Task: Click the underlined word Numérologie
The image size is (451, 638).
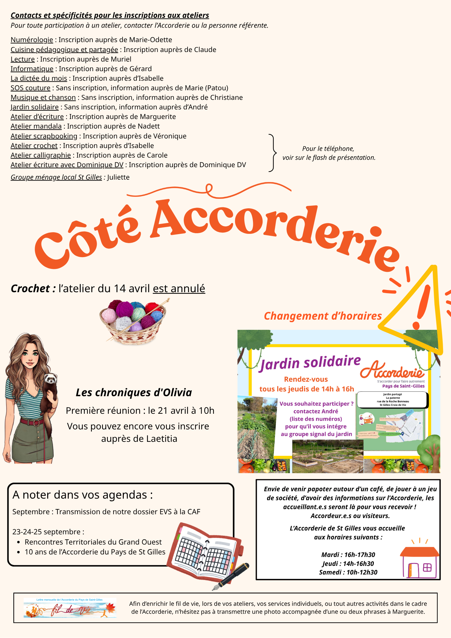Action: click(x=32, y=40)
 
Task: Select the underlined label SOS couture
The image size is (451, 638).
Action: click(x=31, y=88)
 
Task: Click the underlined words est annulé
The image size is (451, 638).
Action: click(x=179, y=289)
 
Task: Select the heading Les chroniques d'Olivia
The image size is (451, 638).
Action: click(x=134, y=393)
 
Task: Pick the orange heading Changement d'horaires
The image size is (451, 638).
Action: click(x=323, y=316)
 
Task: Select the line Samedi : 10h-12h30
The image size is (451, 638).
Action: click(x=348, y=572)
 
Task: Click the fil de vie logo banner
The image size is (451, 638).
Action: click(x=70, y=608)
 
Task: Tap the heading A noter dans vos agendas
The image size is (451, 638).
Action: click(x=83, y=495)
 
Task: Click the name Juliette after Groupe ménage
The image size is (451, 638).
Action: click(x=118, y=177)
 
